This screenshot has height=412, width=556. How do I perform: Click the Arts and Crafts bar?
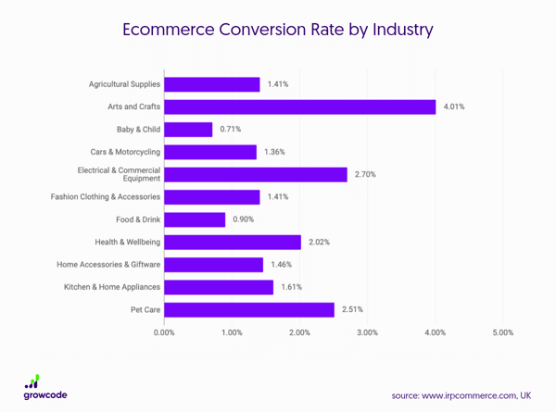pyautogui.click(x=300, y=106)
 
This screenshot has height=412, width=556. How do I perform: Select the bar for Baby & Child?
pyautogui.click(x=189, y=130)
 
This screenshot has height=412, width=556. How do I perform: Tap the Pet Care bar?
pyautogui.click(x=249, y=309)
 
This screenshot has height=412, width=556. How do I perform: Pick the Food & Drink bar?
pyautogui.click(x=196, y=219)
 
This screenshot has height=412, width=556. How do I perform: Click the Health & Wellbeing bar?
pyautogui.click(x=233, y=242)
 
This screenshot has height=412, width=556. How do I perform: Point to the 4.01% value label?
pyautogui.click(x=454, y=106)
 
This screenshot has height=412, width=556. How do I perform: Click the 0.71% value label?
pyautogui.click(x=232, y=130)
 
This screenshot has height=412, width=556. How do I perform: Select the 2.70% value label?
pyautogui.click(x=366, y=174)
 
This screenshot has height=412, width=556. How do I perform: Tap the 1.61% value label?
pyautogui.click(x=292, y=287)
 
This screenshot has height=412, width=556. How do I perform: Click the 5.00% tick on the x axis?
pyautogui.click(x=502, y=332)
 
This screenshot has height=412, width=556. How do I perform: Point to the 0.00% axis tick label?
pyautogui.click(x=165, y=332)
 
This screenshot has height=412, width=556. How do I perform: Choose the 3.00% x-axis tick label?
pyautogui.click(x=367, y=332)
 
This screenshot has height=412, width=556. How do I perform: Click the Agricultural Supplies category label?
pyautogui.click(x=124, y=84)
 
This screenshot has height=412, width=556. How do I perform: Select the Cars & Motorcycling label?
pyautogui.click(x=125, y=152)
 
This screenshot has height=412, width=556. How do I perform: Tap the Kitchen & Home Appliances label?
pyautogui.click(x=112, y=287)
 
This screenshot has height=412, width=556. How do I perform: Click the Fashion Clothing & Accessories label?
pyautogui.click(x=105, y=196)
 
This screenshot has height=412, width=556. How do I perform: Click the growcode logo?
pyautogui.click(x=45, y=386)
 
